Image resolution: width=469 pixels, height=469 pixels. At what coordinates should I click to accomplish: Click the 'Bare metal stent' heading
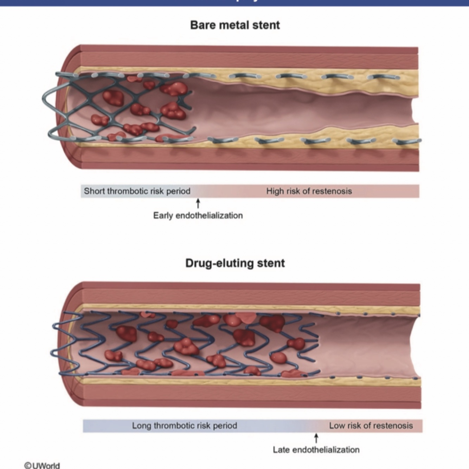(x=235, y=25)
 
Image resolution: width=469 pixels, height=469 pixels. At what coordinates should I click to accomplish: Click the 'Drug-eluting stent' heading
(x=235, y=263)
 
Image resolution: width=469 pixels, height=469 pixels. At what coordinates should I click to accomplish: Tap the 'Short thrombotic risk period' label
(x=137, y=191)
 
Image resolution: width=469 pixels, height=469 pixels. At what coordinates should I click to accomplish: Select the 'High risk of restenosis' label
(x=309, y=191)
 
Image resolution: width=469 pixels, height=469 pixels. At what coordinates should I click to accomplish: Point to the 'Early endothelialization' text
(x=198, y=216)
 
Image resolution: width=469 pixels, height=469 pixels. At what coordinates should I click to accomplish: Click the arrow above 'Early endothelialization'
(x=198, y=203)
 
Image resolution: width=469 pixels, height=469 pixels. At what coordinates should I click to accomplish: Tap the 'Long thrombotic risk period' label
(x=185, y=426)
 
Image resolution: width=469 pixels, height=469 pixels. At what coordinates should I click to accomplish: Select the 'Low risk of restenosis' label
(x=371, y=426)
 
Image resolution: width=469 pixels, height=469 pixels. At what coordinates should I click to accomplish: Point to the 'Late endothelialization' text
(x=316, y=450)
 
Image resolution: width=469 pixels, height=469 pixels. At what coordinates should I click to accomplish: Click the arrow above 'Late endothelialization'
(x=316, y=438)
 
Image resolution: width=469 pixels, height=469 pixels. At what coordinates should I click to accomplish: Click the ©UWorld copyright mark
(x=42, y=465)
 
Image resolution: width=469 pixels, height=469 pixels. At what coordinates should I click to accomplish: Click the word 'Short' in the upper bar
(x=94, y=191)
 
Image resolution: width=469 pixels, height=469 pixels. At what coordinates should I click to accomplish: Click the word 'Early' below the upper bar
(x=163, y=216)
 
